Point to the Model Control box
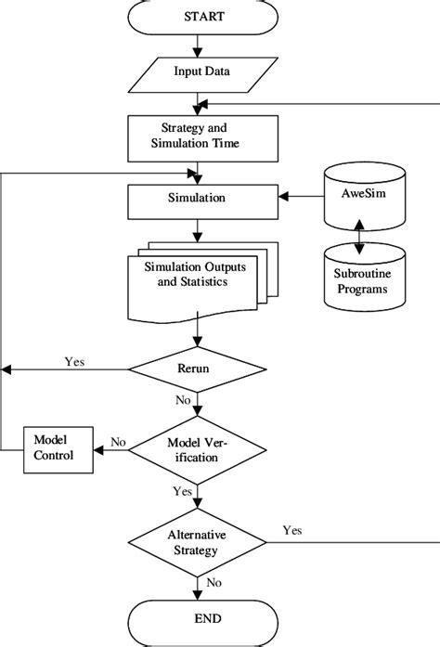click(57, 446)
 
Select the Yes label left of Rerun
click(75, 360)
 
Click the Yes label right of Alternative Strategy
click(291, 532)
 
